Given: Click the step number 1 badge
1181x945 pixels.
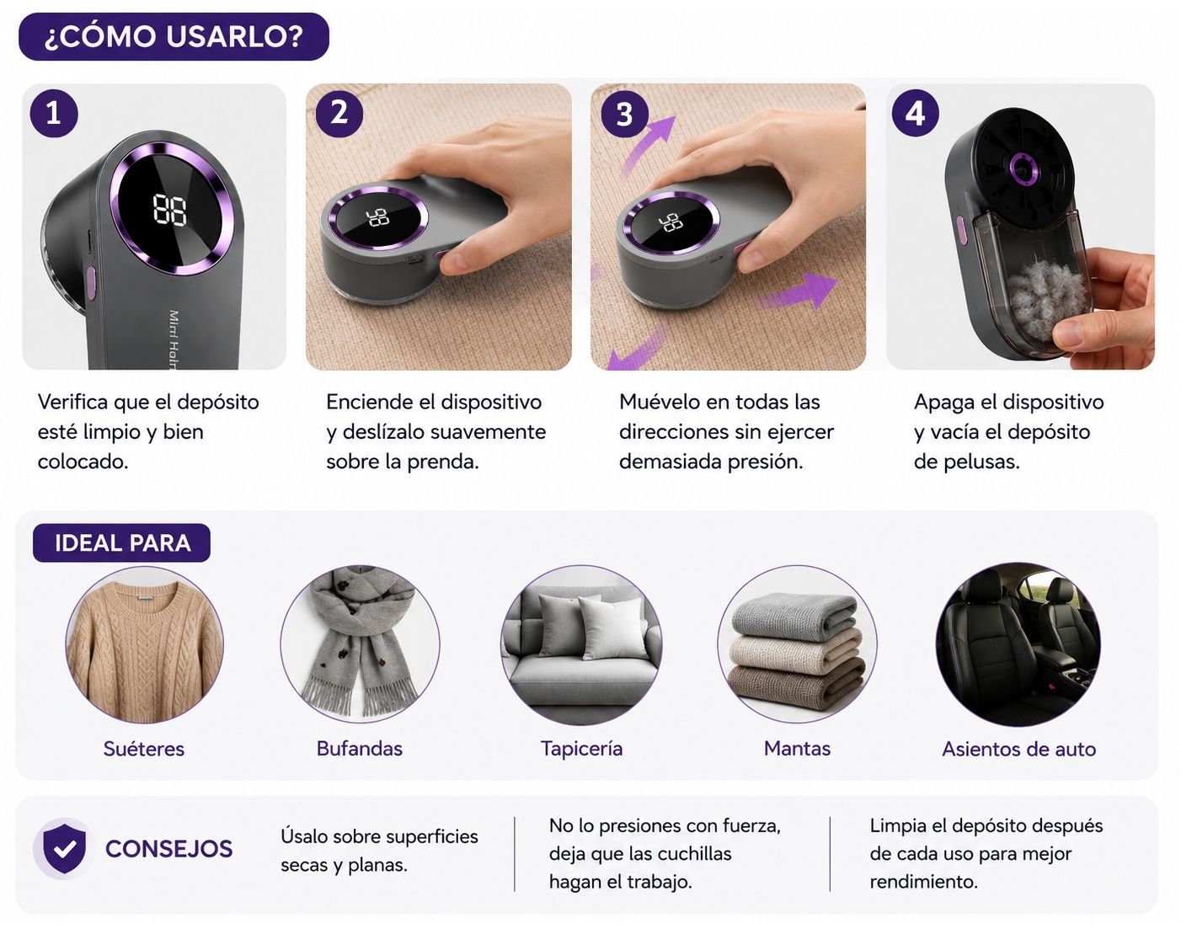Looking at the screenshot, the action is (54, 114).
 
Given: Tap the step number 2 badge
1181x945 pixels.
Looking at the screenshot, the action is (339, 114).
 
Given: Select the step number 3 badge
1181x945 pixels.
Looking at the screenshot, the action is (624, 115).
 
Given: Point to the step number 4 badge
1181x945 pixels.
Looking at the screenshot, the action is (915, 114).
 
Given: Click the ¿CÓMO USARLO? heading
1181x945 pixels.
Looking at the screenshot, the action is (174, 37).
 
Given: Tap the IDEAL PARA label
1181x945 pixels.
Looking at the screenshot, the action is (122, 542).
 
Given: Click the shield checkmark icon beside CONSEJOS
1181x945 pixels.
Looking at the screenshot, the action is (65, 848).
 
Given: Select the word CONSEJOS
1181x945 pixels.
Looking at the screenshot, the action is (169, 848).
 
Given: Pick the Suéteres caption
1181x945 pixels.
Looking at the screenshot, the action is (144, 749).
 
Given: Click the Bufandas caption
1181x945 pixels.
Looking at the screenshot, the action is (360, 749).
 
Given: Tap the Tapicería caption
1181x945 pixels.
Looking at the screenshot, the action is (582, 749).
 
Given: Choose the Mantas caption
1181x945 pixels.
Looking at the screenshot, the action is (798, 749).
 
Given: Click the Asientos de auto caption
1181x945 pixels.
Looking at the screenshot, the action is (1019, 749).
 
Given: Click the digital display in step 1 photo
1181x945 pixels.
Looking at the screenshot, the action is (170, 209).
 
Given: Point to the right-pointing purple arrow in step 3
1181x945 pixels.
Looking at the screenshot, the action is (799, 291).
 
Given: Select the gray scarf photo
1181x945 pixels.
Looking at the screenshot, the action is (360, 644).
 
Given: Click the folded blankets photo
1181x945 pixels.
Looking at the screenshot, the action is (798, 644).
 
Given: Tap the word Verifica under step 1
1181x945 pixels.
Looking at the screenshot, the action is (73, 403).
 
